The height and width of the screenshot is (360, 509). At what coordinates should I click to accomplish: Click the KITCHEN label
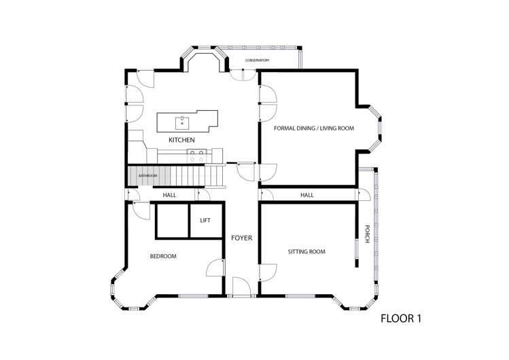click(182, 140)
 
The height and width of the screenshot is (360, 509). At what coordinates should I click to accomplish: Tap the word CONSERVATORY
click(258, 60)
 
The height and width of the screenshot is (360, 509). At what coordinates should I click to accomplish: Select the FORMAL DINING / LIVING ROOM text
click(313, 128)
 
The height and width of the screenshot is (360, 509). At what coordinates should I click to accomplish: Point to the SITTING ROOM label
click(306, 252)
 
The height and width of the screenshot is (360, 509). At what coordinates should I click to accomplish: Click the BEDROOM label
click(163, 256)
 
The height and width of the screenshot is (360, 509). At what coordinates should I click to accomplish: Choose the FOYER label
click(241, 238)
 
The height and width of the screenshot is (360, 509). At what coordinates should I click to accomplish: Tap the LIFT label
click(205, 221)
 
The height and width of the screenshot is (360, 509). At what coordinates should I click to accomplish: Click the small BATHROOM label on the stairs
click(147, 176)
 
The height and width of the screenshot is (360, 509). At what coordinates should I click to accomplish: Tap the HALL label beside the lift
click(170, 196)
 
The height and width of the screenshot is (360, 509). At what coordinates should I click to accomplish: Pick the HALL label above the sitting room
click(307, 196)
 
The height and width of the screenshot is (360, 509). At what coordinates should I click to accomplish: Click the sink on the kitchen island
click(182, 123)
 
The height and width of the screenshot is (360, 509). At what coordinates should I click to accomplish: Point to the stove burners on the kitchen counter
click(197, 157)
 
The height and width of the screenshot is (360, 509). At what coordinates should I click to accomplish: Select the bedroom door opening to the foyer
click(216, 268)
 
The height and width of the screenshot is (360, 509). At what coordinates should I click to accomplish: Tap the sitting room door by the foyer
click(267, 273)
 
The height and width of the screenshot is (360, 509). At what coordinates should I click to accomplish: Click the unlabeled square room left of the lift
click(172, 220)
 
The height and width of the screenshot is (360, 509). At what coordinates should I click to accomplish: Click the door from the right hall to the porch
click(364, 194)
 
